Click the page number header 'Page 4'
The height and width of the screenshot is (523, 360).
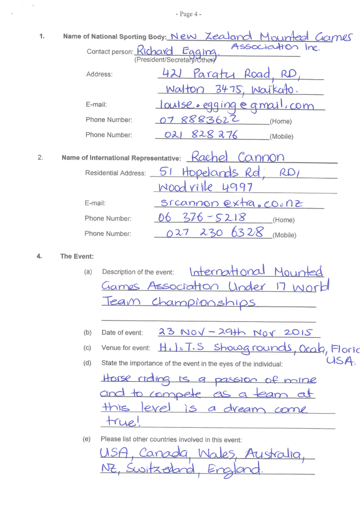point(189,14)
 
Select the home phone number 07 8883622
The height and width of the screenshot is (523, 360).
point(199,119)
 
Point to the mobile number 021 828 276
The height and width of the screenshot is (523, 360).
point(201,134)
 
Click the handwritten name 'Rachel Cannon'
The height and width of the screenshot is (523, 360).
point(238,157)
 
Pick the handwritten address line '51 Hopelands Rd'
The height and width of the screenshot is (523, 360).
point(212,172)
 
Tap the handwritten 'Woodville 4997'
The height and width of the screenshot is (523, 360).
point(205,187)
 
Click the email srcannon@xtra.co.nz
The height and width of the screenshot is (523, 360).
point(232,203)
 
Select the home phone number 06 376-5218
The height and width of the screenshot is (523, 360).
point(202,218)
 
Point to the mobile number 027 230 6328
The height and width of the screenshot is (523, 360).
point(215,232)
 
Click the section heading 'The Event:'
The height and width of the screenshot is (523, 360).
point(77,257)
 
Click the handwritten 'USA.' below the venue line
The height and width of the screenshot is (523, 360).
point(341,361)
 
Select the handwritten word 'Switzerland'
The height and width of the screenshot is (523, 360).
point(161,469)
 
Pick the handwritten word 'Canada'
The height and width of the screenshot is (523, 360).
point(164,453)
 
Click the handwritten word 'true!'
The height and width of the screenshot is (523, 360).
point(123,421)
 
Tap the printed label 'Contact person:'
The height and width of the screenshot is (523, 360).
point(110,52)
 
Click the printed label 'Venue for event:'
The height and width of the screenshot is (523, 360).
point(126,348)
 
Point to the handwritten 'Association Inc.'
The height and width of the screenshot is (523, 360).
point(275,47)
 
